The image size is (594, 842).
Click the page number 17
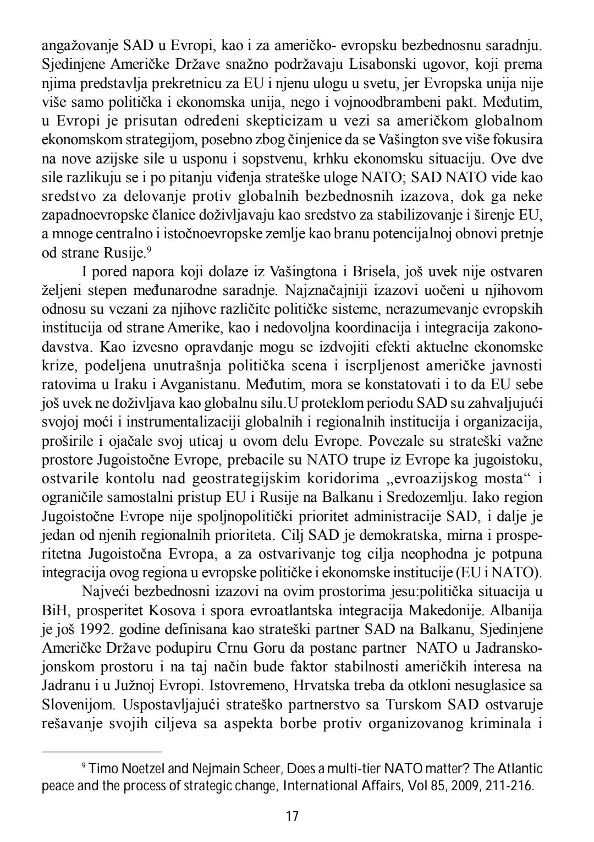293,816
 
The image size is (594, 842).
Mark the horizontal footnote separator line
102,751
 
